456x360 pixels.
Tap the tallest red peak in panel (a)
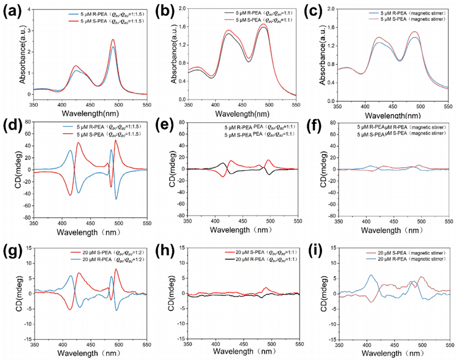point(113,40)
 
